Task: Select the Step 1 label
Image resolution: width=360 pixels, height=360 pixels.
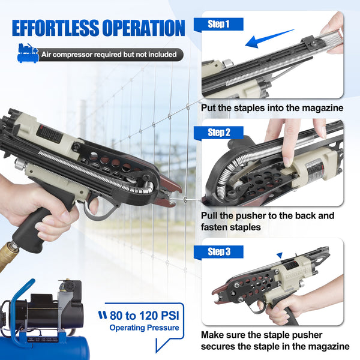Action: pyautogui.click(x=219, y=25)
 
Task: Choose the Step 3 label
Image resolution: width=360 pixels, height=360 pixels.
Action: pyautogui.click(x=219, y=251)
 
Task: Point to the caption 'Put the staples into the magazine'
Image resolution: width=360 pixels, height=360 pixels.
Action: pyautogui.click(x=272, y=108)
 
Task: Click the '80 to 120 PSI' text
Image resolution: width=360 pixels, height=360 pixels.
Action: pyautogui.click(x=144, y=315)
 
